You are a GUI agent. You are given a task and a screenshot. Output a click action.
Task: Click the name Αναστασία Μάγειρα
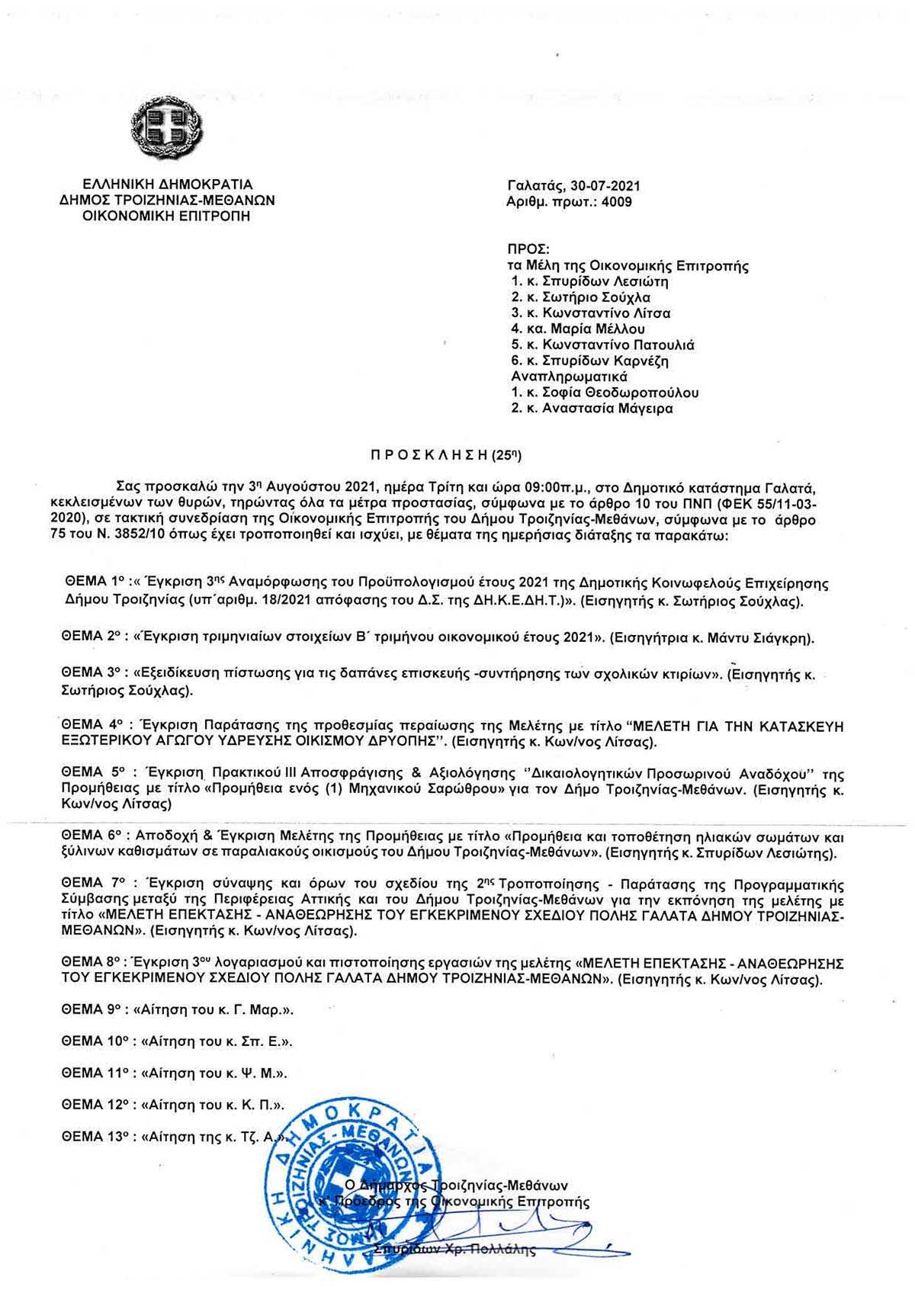tap(608, 409)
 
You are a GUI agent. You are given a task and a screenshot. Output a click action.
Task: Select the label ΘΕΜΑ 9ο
tap(91, 1010)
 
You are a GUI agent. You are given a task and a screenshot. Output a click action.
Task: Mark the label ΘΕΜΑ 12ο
tap(95, 1105)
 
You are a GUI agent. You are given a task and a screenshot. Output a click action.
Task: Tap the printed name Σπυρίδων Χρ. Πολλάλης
tap(455, 1250)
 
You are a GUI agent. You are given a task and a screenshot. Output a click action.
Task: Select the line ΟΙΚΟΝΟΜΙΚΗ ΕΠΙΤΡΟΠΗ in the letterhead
tap(166, 217)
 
